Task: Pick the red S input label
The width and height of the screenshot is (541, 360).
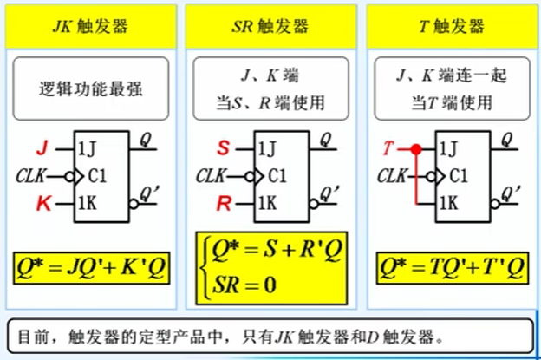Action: (223, 147)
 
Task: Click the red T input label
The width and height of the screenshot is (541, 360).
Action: (388, 147)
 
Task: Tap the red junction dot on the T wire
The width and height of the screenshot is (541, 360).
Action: (416, 148)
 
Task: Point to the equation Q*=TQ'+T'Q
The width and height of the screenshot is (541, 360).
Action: (451, 270)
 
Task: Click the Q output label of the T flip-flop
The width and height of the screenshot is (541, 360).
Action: (506, 139)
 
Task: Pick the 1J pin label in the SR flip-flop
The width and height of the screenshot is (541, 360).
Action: (270, 147)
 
